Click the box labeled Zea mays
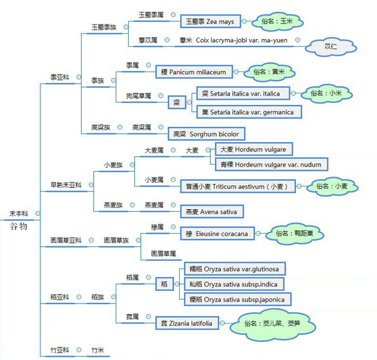(210, 21)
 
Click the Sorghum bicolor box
(205, 134)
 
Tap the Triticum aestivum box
(235, 187)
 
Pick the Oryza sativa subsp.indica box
(236, 283)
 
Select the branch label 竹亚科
(59, 350)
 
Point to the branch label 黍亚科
(59, 77)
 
